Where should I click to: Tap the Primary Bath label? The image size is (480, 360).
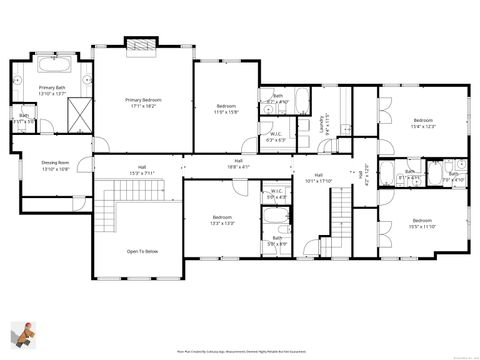click(52, 91)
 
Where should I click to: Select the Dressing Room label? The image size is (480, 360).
click(55, 165)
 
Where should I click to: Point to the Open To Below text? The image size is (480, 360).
click(142, 252)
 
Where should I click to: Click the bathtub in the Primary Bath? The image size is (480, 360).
click(53, 69)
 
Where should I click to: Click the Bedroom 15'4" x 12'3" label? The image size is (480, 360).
click(424, 123)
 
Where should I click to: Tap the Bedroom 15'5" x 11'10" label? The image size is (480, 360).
click(423, 223)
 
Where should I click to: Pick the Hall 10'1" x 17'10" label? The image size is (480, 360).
click(317, 178)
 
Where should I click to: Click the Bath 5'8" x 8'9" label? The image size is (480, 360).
click(277, 241)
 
